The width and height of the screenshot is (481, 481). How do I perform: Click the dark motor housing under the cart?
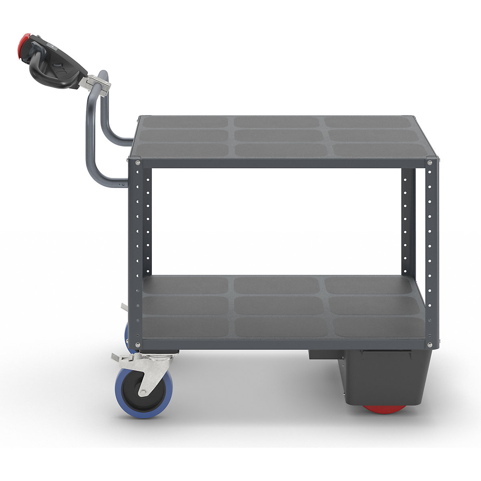pyautogui.click(x=385, y=377)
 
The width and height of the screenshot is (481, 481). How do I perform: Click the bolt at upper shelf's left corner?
pyautogui.click(x=138, y=162)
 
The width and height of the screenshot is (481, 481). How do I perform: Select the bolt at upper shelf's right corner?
pyautogui.click(x=429, y=162)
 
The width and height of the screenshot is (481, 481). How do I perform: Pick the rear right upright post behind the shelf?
pyautogui.click(x=408, y=220)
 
